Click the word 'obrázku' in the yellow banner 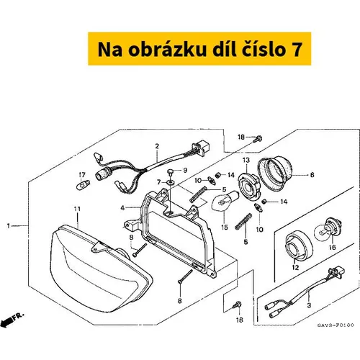pos(167,50)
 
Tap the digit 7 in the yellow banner pos(296,50)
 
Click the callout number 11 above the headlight pos(77,210)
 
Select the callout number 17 pos(82,175)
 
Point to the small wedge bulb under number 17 pos(82,186)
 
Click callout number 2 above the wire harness pos(157,146)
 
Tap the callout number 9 pos(185,170)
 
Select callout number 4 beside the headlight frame pos(122,208)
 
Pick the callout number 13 pos(246,160)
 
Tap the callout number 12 pos(295,267)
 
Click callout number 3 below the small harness pos(309,305)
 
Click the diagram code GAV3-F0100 pos(336,325)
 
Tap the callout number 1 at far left pos(9,226)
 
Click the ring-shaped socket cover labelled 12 pos(299,246)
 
